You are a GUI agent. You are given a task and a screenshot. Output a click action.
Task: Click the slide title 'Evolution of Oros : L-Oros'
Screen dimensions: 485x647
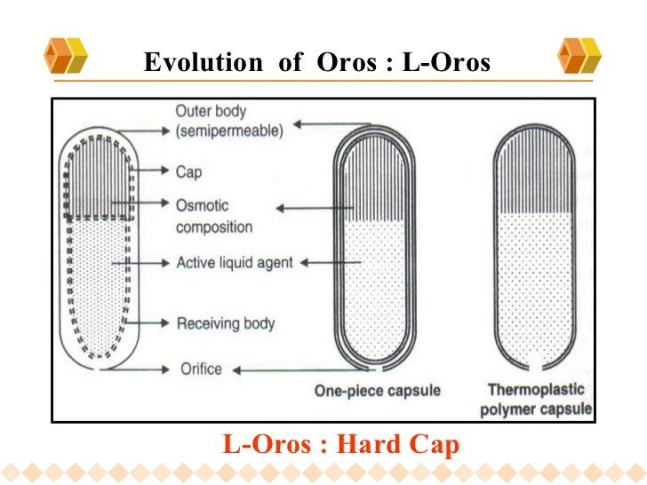[316, 63]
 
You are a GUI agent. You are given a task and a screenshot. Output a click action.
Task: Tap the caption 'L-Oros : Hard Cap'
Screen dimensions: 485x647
[340, 443]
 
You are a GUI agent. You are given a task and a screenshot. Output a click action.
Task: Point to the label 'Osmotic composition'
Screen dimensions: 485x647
[213, 214]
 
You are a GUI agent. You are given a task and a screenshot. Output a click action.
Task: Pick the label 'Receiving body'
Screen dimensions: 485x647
[226, 322]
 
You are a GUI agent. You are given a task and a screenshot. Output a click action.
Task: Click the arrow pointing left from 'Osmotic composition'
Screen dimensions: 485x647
[305, 209]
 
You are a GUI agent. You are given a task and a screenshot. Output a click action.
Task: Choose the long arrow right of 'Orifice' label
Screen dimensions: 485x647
[292, 368]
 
